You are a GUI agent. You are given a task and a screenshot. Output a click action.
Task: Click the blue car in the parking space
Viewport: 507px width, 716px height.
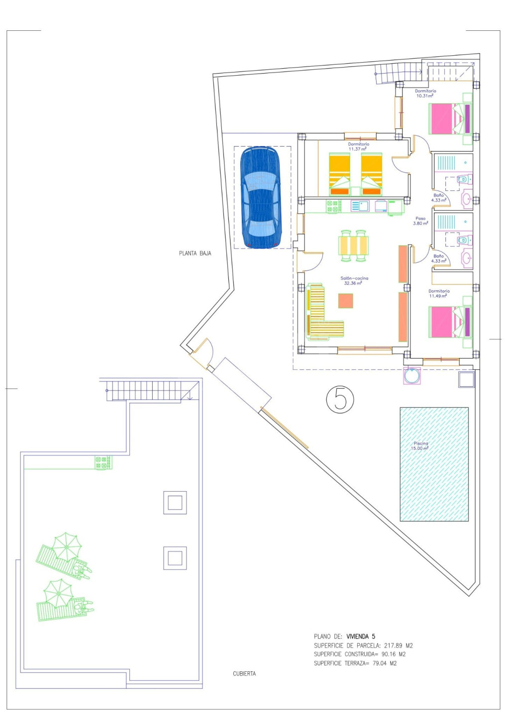[x=261, y=197]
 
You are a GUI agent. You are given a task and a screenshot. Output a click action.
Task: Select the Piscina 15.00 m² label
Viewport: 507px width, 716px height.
[x=421, y=446]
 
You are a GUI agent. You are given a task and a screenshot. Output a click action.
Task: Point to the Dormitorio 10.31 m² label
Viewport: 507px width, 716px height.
[x=425, y=93]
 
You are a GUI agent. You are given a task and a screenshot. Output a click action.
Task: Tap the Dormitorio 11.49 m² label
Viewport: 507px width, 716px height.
[x=439, y=293]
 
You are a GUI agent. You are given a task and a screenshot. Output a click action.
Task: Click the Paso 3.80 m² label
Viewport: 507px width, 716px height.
[x=420, y=221]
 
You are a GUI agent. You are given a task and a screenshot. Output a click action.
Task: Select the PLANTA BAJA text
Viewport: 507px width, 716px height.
[x=195, y=254]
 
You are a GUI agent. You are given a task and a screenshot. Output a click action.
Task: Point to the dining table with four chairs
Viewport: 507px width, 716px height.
[x=353, y=245]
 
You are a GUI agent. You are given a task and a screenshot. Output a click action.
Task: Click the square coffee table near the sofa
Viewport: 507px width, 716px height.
[x=345, y=301]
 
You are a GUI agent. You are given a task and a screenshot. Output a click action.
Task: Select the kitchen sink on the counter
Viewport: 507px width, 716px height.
[x=360, y=206]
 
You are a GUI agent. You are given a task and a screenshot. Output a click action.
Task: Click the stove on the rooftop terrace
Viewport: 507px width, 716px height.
[x=103, y=462]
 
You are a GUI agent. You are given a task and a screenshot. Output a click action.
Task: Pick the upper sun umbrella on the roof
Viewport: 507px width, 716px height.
[x=66, y=547]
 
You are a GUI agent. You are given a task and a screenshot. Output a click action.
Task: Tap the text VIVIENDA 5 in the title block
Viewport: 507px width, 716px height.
[x=361, y=636]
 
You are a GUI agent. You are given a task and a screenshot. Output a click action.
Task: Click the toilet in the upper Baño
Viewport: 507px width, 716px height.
[x=464, y=179]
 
